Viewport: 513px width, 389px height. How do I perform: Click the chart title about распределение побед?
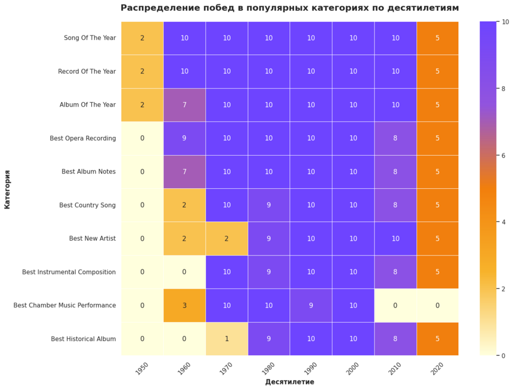tap(290, 8)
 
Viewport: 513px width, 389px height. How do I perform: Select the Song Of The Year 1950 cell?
tap(142, 38)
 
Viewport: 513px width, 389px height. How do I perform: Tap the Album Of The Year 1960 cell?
tap(184, 105)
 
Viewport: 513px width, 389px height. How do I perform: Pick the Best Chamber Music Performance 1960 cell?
tap(184, 305)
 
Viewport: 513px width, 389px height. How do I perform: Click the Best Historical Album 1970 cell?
tap(226, 339)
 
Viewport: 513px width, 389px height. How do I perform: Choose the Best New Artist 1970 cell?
tap(226, 238)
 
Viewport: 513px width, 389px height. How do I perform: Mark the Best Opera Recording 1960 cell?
tap(184, 138)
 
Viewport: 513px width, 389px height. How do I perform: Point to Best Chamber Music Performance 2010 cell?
tap(396, 305)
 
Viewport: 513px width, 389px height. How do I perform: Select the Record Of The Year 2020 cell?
tap(438, 71)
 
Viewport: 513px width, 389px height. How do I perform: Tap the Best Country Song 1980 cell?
tap(269, 205)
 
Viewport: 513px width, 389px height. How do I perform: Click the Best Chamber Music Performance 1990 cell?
tap(311, 305)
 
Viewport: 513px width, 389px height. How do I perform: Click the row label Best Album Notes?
tap(88, 172)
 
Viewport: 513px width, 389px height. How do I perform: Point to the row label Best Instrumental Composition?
tap(69, 272)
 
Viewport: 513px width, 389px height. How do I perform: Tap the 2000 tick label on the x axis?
tap(353, 368)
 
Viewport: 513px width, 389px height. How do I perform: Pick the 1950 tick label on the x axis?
tap(142, 368)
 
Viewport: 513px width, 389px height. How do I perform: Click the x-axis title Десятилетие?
tap(290, 382)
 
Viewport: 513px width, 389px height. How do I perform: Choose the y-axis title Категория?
tap(7, 188)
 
